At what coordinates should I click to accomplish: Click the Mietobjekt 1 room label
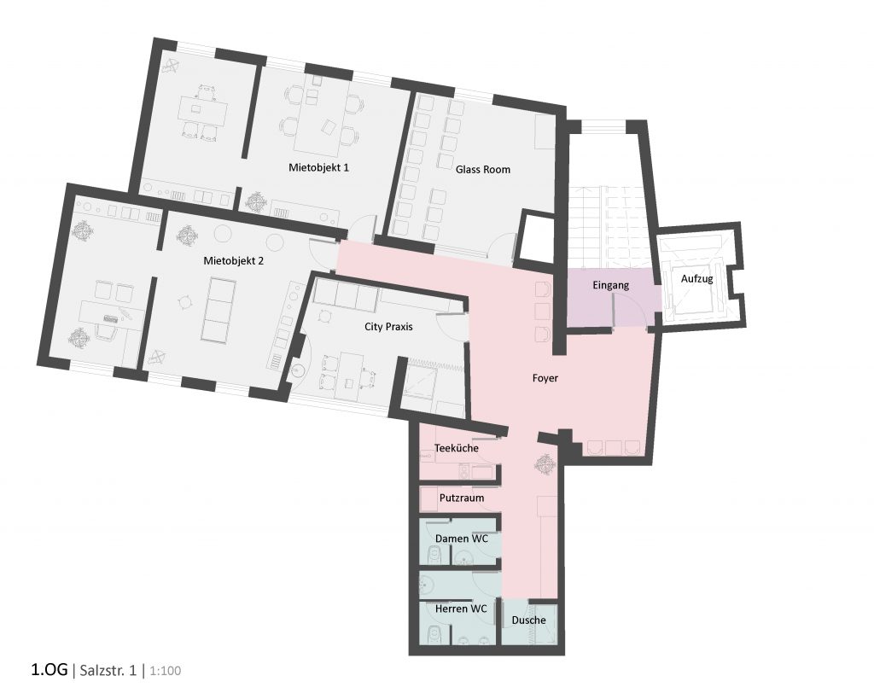point(318,167)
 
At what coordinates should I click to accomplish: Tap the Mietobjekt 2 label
point(234,260)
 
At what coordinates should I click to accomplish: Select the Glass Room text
point(483,170)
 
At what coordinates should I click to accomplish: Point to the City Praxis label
point(388,327)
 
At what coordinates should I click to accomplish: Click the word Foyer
point(545,378)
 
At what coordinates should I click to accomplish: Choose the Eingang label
point(610,285)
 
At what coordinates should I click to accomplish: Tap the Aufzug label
point(696,278)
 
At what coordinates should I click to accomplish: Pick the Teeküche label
point(457,448)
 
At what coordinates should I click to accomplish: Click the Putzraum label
point(462,498)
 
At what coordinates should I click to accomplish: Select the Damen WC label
point(462,539)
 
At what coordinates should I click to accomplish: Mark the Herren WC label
point(461,609)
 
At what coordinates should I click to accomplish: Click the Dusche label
point(528,620)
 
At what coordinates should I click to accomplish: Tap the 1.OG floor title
point(50,670)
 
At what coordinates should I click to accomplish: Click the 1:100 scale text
point(166,671)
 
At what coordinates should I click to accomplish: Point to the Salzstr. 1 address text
point(108,670)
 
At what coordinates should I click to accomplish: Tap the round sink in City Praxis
point(299,371)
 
